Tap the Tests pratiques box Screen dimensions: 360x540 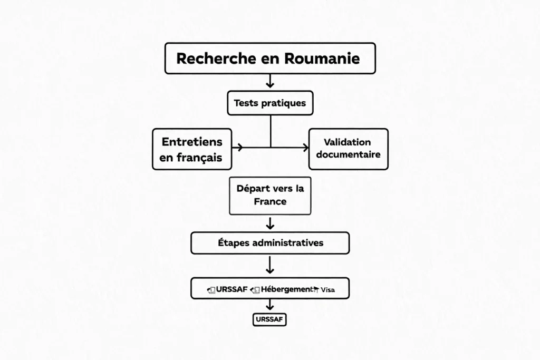pyautogui.click(x=270, y=103)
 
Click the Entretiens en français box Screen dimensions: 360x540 pyautogui.click(x=192, y=149)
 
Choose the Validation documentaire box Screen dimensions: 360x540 pyautogui.click(x=348, y=149)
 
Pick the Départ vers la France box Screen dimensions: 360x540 pyautogui.click(x=270, y=195)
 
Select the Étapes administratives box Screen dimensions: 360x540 pyautogui.click(x=270, y=243)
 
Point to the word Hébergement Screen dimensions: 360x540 pyautogui.click(x=286, y=289)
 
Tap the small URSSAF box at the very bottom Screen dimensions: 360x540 pyautogui.click(x=270, y=319)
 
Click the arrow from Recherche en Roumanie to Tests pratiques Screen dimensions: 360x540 pyautogui.click(x=270, y=81)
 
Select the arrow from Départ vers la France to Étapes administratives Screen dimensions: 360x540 pyautogui.click(x=270, y=223)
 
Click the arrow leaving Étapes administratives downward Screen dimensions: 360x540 pyautogui.click(x=270, y=265)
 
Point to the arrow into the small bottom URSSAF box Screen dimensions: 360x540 pyautogui.click(x=270, y=305)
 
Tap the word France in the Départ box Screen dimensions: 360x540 pyautogui.click(x=270, y=201)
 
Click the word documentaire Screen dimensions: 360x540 pyautogui.click(x=348, y=155)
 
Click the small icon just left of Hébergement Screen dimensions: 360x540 pyautogui.click(x=256, y=289)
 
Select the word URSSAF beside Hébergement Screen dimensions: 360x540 pyautogui.click(x=233, y=289)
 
